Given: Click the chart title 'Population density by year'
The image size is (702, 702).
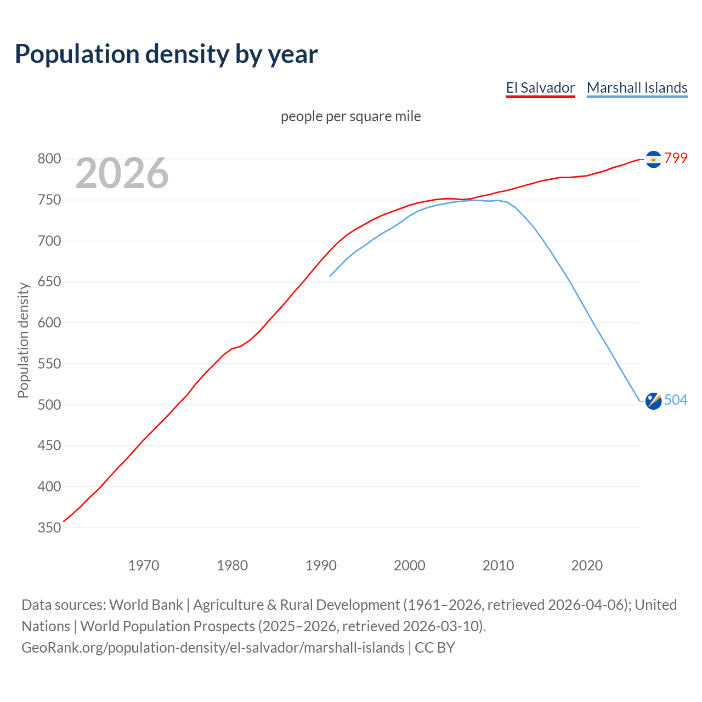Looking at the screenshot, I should (x=166, y=54).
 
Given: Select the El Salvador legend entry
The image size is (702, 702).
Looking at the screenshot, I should (x=540, y=88).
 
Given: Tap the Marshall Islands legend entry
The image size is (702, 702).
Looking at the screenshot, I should (x=637, y=88).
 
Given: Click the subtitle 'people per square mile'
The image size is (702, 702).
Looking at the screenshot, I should (x=351, y=116).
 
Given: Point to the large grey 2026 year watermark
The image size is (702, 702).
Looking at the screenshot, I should (x=122, y=173).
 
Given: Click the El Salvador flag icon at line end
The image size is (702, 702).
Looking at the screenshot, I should (x=653, y=159).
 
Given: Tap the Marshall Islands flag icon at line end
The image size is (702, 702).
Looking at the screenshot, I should (x=653, y=401).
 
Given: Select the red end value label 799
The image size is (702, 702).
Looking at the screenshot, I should (x=676, y=158).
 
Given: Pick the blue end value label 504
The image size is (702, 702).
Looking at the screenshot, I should (x=676, y=400).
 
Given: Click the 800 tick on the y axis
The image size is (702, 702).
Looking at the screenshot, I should (x=49, y=159).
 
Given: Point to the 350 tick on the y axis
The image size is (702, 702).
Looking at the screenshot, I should (x=49, y=528).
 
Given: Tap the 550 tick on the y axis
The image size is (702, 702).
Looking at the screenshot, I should (x=49, y=364).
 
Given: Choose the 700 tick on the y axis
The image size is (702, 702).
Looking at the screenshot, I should (x=49, y=241).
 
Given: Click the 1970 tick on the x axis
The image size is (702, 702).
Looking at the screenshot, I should (x=144, y=565).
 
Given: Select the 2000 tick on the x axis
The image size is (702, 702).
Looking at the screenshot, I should (x=410, y=565).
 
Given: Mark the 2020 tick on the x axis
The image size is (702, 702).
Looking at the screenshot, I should (x=587, y=565).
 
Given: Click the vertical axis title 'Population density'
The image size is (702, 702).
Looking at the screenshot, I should (x=23, y=340).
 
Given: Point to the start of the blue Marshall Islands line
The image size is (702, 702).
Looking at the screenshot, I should (x=330, y=276).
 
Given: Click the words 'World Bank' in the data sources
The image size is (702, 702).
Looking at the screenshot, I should (x=146, y=605).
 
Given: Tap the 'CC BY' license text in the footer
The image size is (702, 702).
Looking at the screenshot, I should (x=435, y=648).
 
